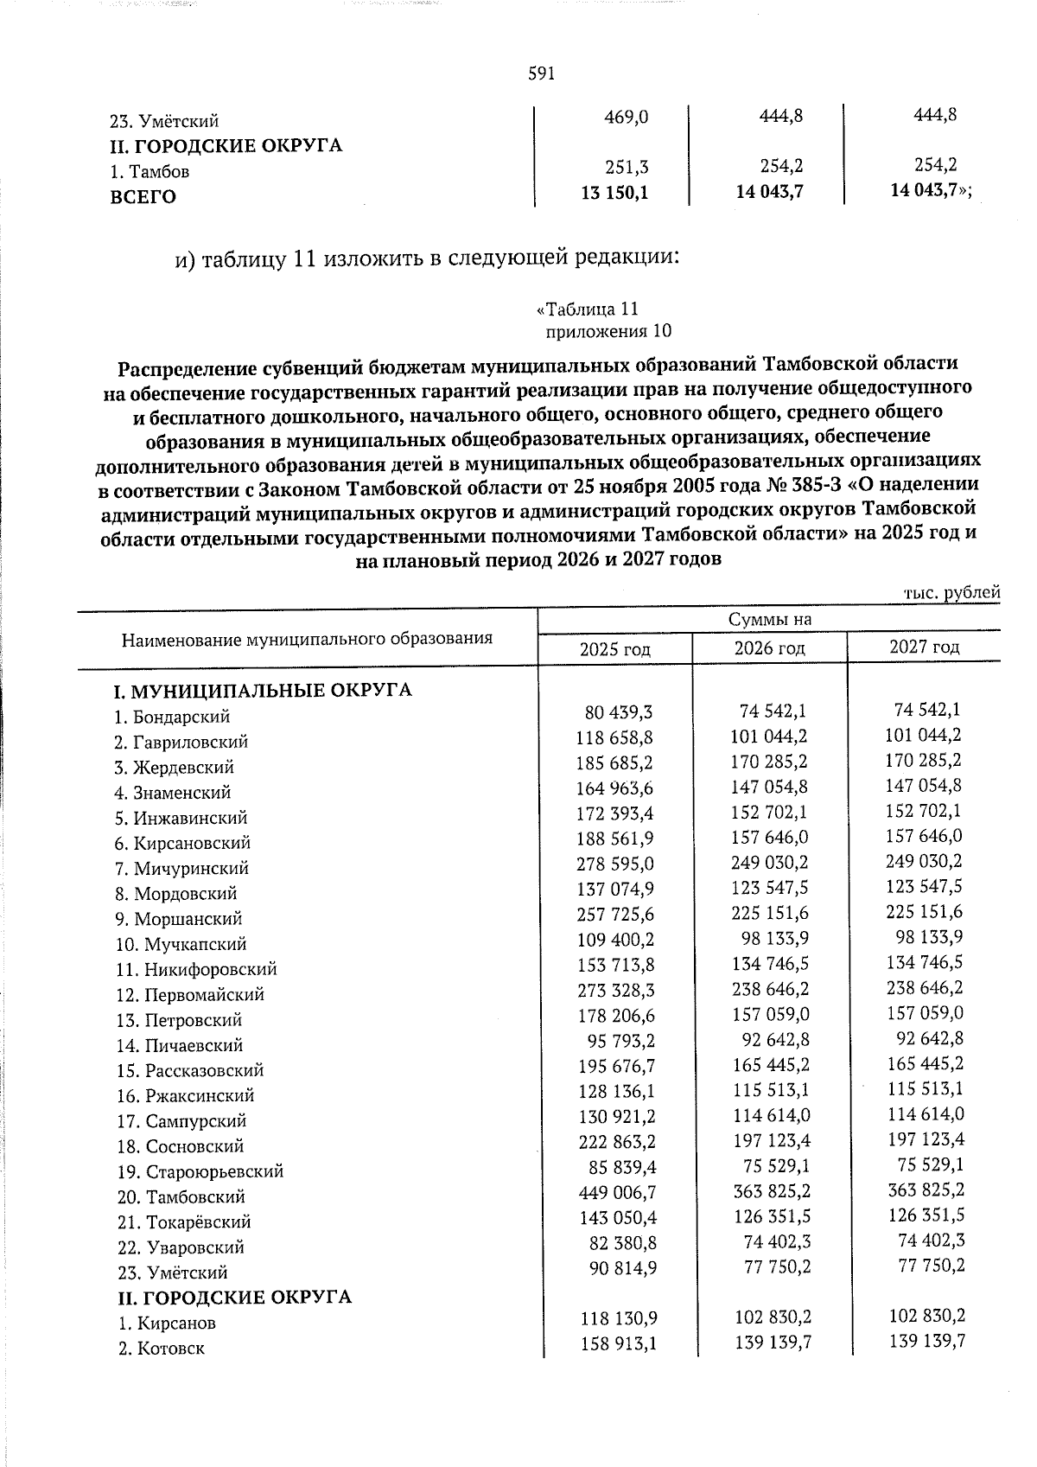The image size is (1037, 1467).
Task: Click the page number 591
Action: click(x=540, y=74)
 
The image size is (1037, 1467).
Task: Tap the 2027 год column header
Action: click(x=924, y=647)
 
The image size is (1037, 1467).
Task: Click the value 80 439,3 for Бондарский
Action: click(x=619, y=712)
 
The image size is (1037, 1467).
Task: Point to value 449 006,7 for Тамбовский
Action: click(x=616, y=1193)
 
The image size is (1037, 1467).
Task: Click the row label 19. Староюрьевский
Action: click(x=200, y=1172)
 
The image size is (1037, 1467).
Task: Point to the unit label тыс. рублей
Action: click(x=951, y=593)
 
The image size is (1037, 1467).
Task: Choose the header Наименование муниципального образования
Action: click(x=307, y=640)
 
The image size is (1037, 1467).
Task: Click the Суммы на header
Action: click(x=769, y=619)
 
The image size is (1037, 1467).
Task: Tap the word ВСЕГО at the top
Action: click(x=143, y=197)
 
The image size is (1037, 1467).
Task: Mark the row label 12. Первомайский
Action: click(x=189, y=995)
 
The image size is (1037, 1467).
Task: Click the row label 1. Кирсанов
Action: click(x=167, y=1323)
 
